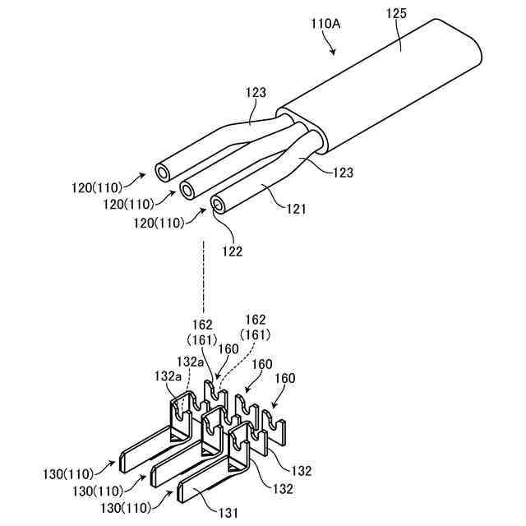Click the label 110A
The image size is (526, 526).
pos(325,24)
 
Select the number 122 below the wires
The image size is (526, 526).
pos(232,251)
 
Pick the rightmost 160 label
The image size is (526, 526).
pos(284,379)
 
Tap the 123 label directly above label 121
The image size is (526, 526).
pos(342,173)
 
